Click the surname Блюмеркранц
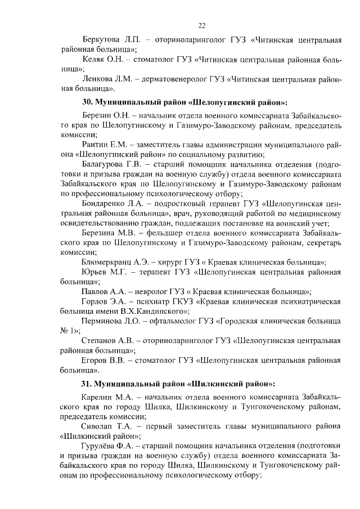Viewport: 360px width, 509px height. [110, 263]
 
